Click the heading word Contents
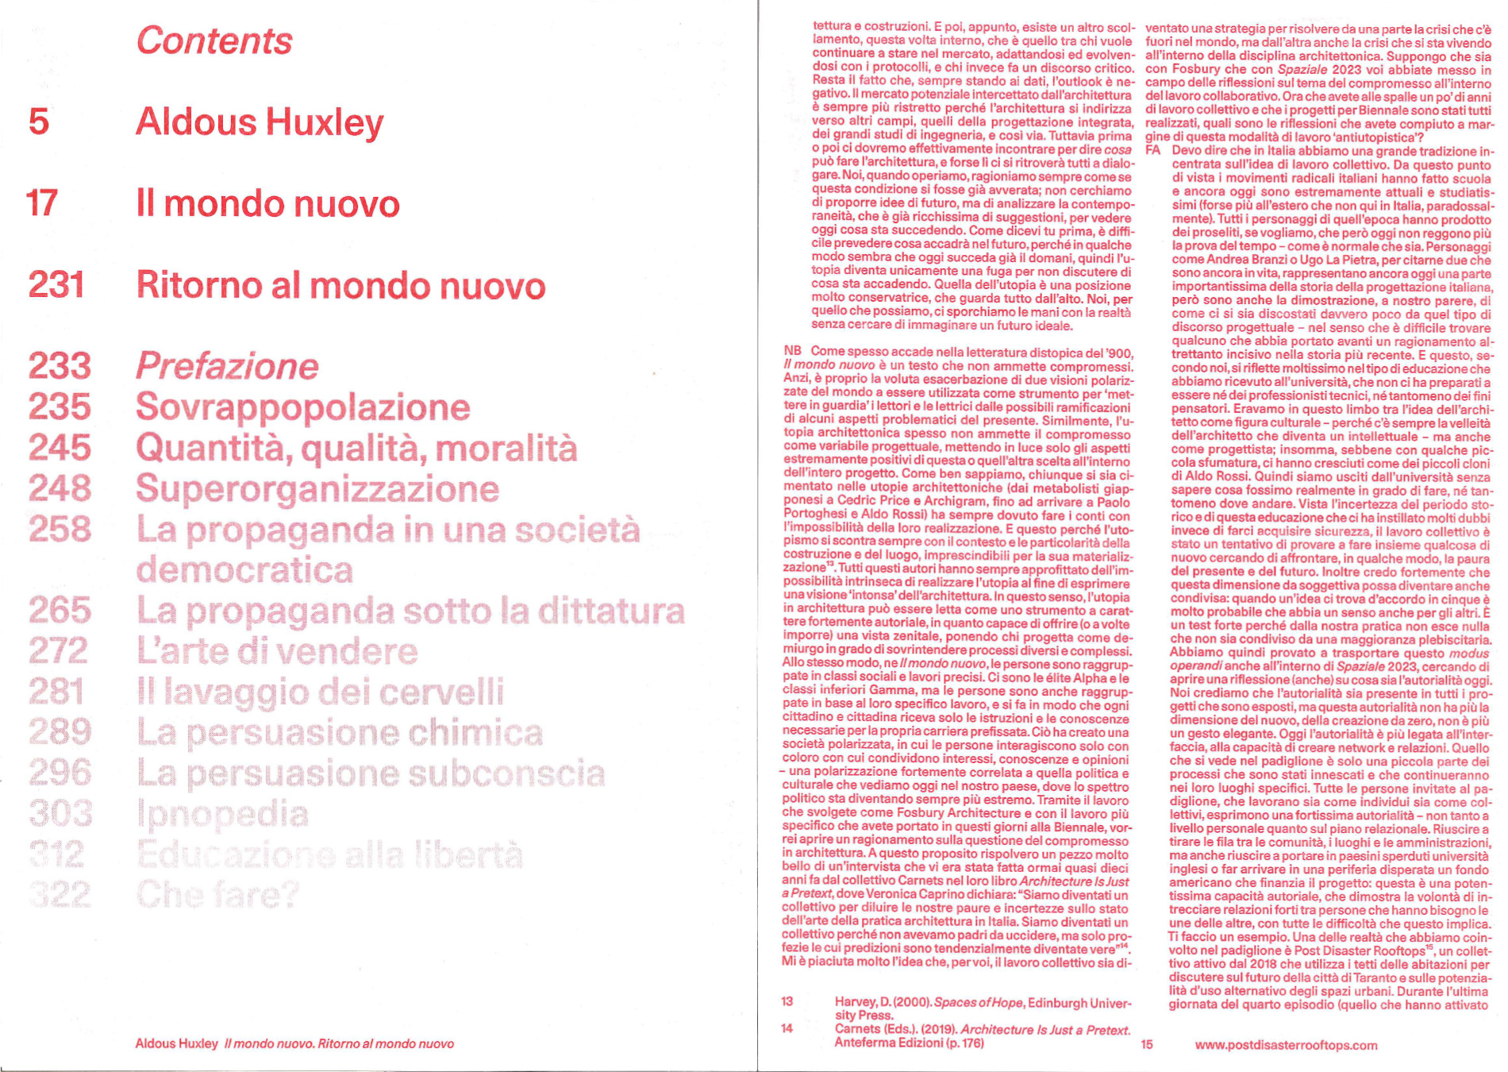(x=214, y=41)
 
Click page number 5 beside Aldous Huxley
(x=39, y=122)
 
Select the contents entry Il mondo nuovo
(x=267, y=204)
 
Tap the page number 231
(x=56, y=285)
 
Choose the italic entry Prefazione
(x=227, y=366)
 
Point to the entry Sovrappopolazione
(x=302, y=407)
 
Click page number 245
(x=60, y=448)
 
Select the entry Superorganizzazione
(x=317, y=489)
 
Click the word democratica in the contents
(x=244, y=570)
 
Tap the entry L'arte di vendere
(x=277, y=651)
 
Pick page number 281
(x=56, y=692)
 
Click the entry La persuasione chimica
(x=340, y=732)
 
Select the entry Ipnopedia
(x=222, y=814)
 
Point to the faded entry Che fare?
(x=217, y=895)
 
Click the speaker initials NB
(x=792, y=351)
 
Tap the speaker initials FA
(x=1152, y=151)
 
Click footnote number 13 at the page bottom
(x=787, y=1001)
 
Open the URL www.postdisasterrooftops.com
(x=1286, y=1045)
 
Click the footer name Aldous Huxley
(x=176, y=1043)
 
